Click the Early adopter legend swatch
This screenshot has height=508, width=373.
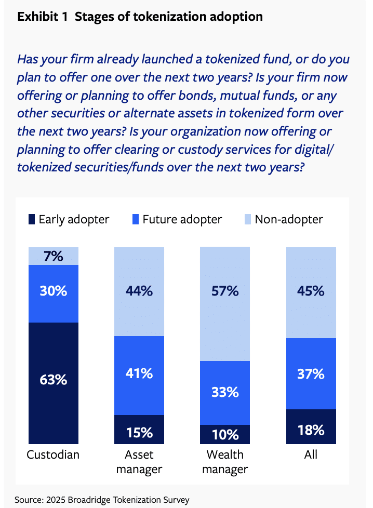[x=31, y=219]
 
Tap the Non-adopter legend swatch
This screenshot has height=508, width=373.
[x=247, y=219]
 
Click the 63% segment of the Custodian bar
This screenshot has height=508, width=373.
[x=54, y=379]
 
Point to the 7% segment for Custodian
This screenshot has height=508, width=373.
[x=54, y=256]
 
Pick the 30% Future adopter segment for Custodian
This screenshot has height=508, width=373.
[x=54, y=291]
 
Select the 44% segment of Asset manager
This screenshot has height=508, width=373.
[x=139, y=291]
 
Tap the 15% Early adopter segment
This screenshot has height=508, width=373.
[x=139, y=431]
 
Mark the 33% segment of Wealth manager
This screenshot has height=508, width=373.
[x=225, y=392]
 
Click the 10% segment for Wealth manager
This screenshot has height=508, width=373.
[x=225, y=434]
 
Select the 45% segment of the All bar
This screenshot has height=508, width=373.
[x=311, y=291]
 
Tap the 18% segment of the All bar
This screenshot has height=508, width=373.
[x=311, y=430]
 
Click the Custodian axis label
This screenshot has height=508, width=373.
[x=53, y=455]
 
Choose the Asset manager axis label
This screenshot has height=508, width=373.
[x=139, y=462]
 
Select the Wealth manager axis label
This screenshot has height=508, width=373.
[x=225, y=462]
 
